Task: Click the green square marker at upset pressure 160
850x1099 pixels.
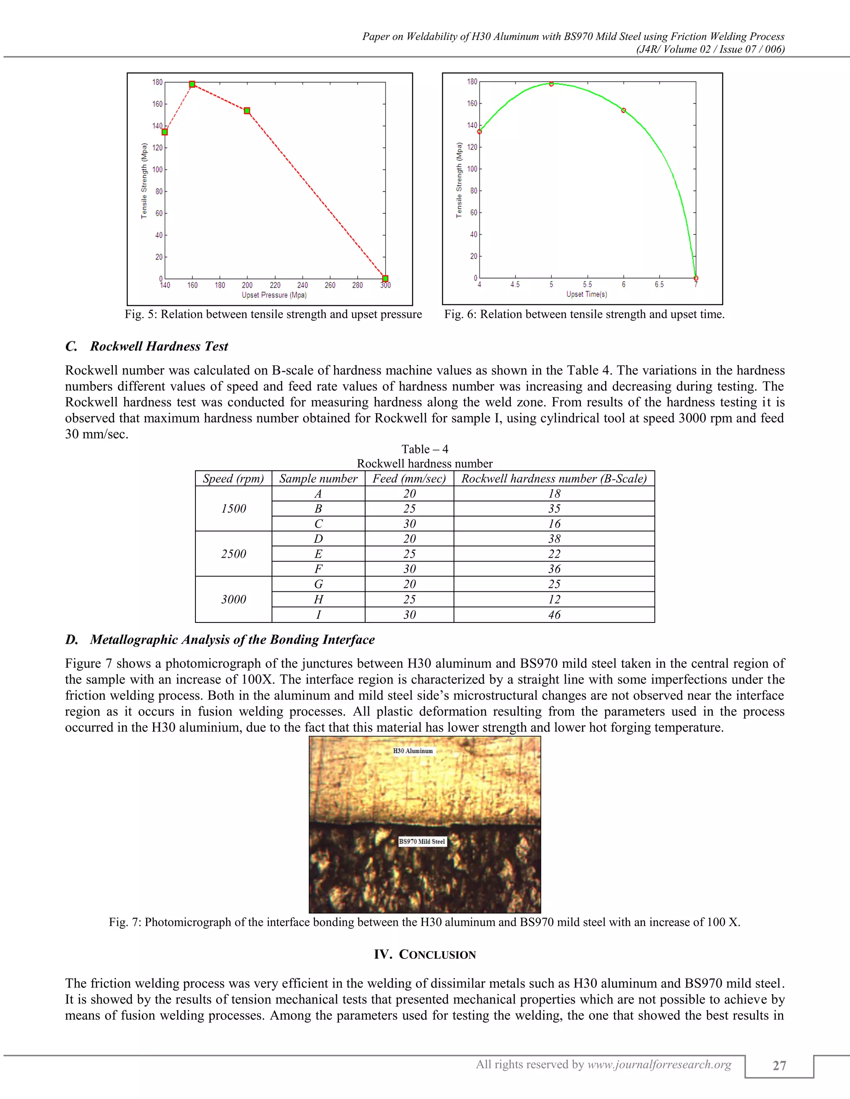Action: point(192,84)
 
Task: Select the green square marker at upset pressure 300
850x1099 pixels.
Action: point(385,279)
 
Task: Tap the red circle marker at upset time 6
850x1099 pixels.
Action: point(623,110)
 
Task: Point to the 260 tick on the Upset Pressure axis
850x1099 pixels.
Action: point(330,285)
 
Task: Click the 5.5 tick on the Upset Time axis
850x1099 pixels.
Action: point(588,284)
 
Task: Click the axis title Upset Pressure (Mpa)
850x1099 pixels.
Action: point(274,295)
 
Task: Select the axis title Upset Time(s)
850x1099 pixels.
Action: point(586,294)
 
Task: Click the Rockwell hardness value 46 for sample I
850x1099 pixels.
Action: point(554,615)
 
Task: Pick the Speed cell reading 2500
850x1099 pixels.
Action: point(234,554)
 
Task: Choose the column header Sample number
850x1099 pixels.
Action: point(318,479)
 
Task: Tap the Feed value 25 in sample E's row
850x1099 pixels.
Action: point(409,554)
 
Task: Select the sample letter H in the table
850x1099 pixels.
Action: point(318,599)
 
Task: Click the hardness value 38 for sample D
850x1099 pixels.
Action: point(554,539)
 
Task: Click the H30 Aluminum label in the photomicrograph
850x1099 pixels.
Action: point(413,751)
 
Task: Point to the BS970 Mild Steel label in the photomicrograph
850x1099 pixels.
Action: point(422,841)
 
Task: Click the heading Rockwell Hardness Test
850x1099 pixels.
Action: point(159,346)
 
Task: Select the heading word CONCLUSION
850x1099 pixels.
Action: point(437,955)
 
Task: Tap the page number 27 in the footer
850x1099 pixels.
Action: point(779,1066)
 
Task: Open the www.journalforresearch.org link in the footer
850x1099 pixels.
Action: point(659,1064)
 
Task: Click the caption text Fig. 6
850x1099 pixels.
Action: point(460,314)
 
